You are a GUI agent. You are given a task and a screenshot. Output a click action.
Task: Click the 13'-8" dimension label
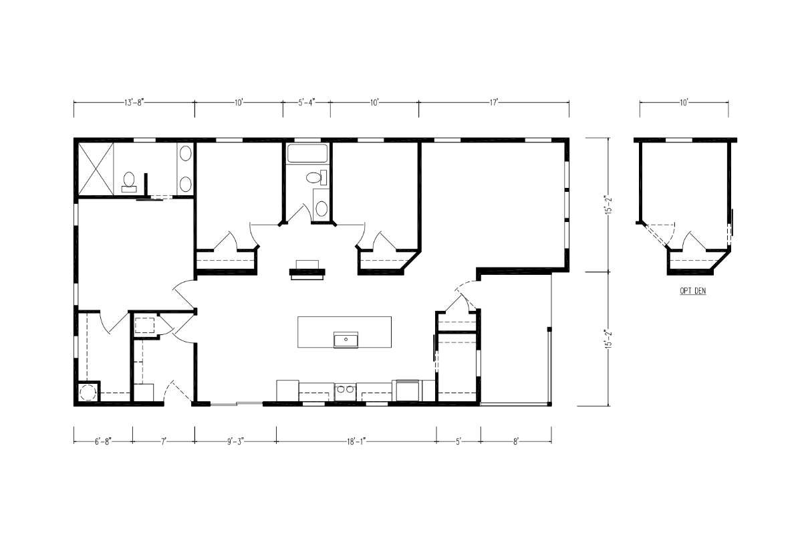click(x=134, y=103)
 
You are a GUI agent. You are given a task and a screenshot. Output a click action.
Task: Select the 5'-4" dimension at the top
click(x=307, y=103)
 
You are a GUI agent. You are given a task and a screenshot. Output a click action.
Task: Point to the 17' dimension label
click(x=494, y=103)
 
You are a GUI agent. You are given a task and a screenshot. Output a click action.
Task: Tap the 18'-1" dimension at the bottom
click(x=356, y=442)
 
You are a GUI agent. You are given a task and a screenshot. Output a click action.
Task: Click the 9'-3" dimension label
click(x=235, y=442)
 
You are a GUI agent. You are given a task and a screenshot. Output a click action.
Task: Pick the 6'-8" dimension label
click(x=103, y=442)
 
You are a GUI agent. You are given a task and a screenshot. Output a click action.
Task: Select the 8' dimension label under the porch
click(x=516, y=442)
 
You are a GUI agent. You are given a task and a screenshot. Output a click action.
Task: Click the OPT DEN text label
click(x=693, y=291)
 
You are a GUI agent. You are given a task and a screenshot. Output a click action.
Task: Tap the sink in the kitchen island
click(x=346, y=340)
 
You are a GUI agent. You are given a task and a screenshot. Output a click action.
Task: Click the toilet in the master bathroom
click(x=128, y=182)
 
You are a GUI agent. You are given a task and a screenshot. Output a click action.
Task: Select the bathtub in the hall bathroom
click(x=307, y=154)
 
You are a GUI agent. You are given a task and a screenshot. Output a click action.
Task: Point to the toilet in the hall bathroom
click(x=316, y=177)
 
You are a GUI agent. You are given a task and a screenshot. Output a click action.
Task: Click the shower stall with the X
click(x=96, y=169)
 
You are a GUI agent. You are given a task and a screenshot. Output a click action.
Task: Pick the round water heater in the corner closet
click(x=87, y=393)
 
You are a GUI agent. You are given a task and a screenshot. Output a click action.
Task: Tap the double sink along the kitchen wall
click(x=345, y=392)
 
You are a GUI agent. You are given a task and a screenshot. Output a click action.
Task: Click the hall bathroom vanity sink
click(x=321, y=209)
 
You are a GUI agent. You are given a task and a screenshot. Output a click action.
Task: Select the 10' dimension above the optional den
click(x=684, y=103)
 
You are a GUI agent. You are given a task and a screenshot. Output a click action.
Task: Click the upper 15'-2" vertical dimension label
click(x=608, y=205)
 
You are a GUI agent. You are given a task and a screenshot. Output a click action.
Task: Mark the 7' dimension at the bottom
click(x=164, y=442)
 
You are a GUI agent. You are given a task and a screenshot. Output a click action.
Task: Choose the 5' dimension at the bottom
click(x=458, y=442)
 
